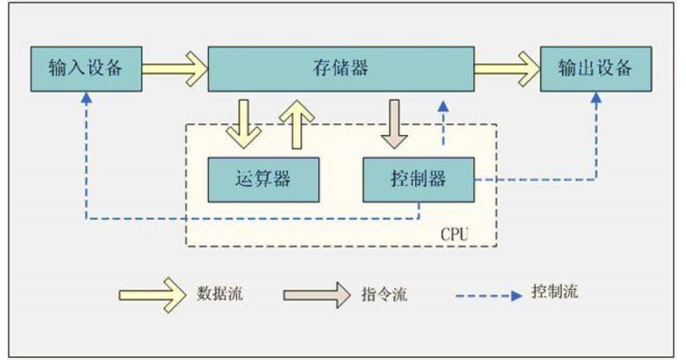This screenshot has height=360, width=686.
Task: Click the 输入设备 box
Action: [86, 69]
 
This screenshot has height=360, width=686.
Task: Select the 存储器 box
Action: [340, 69]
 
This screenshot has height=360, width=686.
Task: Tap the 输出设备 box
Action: [595, 69]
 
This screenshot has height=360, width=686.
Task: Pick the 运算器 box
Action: [263, 179]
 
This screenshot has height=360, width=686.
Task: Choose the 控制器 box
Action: [418, 179]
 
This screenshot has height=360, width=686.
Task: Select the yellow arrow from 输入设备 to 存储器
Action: [174, 69]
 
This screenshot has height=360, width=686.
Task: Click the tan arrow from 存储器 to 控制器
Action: [394, 124]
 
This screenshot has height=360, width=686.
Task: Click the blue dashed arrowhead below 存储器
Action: [443, 106]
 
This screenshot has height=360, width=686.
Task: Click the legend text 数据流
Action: [220, 294]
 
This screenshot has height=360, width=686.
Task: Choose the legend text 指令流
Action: [384, 295]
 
